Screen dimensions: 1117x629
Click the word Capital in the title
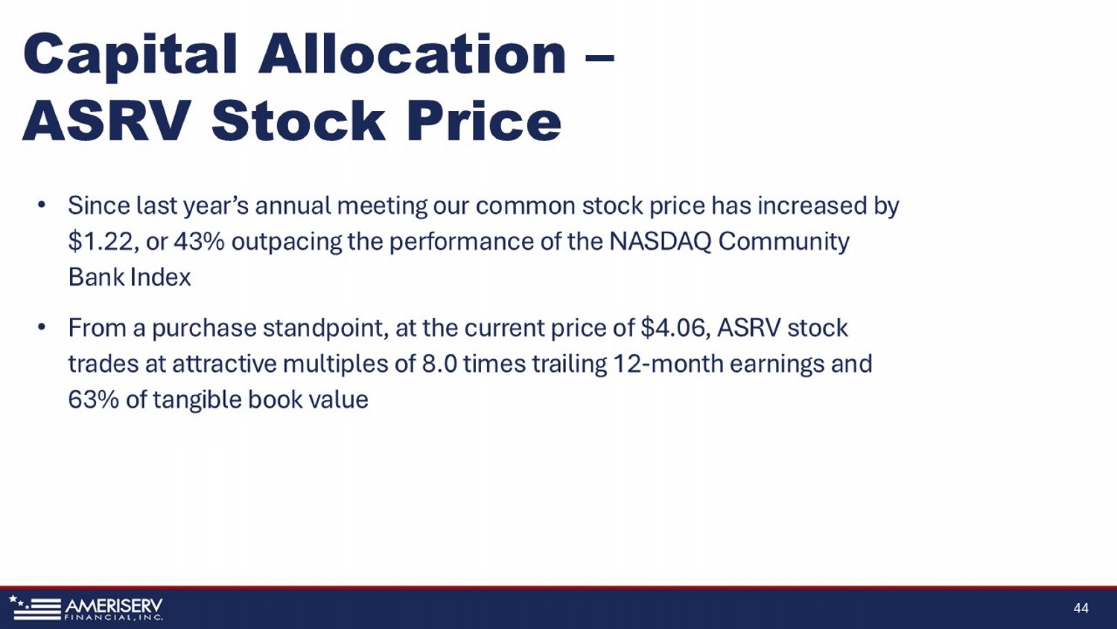pos(130,55)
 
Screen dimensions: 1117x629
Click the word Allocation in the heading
pos(413,54)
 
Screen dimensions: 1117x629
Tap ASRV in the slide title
pos(106,121)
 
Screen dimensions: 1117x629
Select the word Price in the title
pos(484,121)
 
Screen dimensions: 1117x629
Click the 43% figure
pos(199,241)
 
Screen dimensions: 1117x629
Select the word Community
pos(783,243)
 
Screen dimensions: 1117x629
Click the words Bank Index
pos(129,277)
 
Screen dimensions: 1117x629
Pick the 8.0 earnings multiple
pos(439,364)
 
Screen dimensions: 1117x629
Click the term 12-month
pos(668,364)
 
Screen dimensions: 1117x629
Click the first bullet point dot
pos(42,205)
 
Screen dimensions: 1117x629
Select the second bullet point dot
pos(42,327)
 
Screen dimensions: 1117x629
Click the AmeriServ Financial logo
pos(86,607)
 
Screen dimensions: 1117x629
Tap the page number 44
pos(1081,607)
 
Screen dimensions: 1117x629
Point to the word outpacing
pos(287,243)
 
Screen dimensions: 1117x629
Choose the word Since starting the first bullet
pos(99,205)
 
